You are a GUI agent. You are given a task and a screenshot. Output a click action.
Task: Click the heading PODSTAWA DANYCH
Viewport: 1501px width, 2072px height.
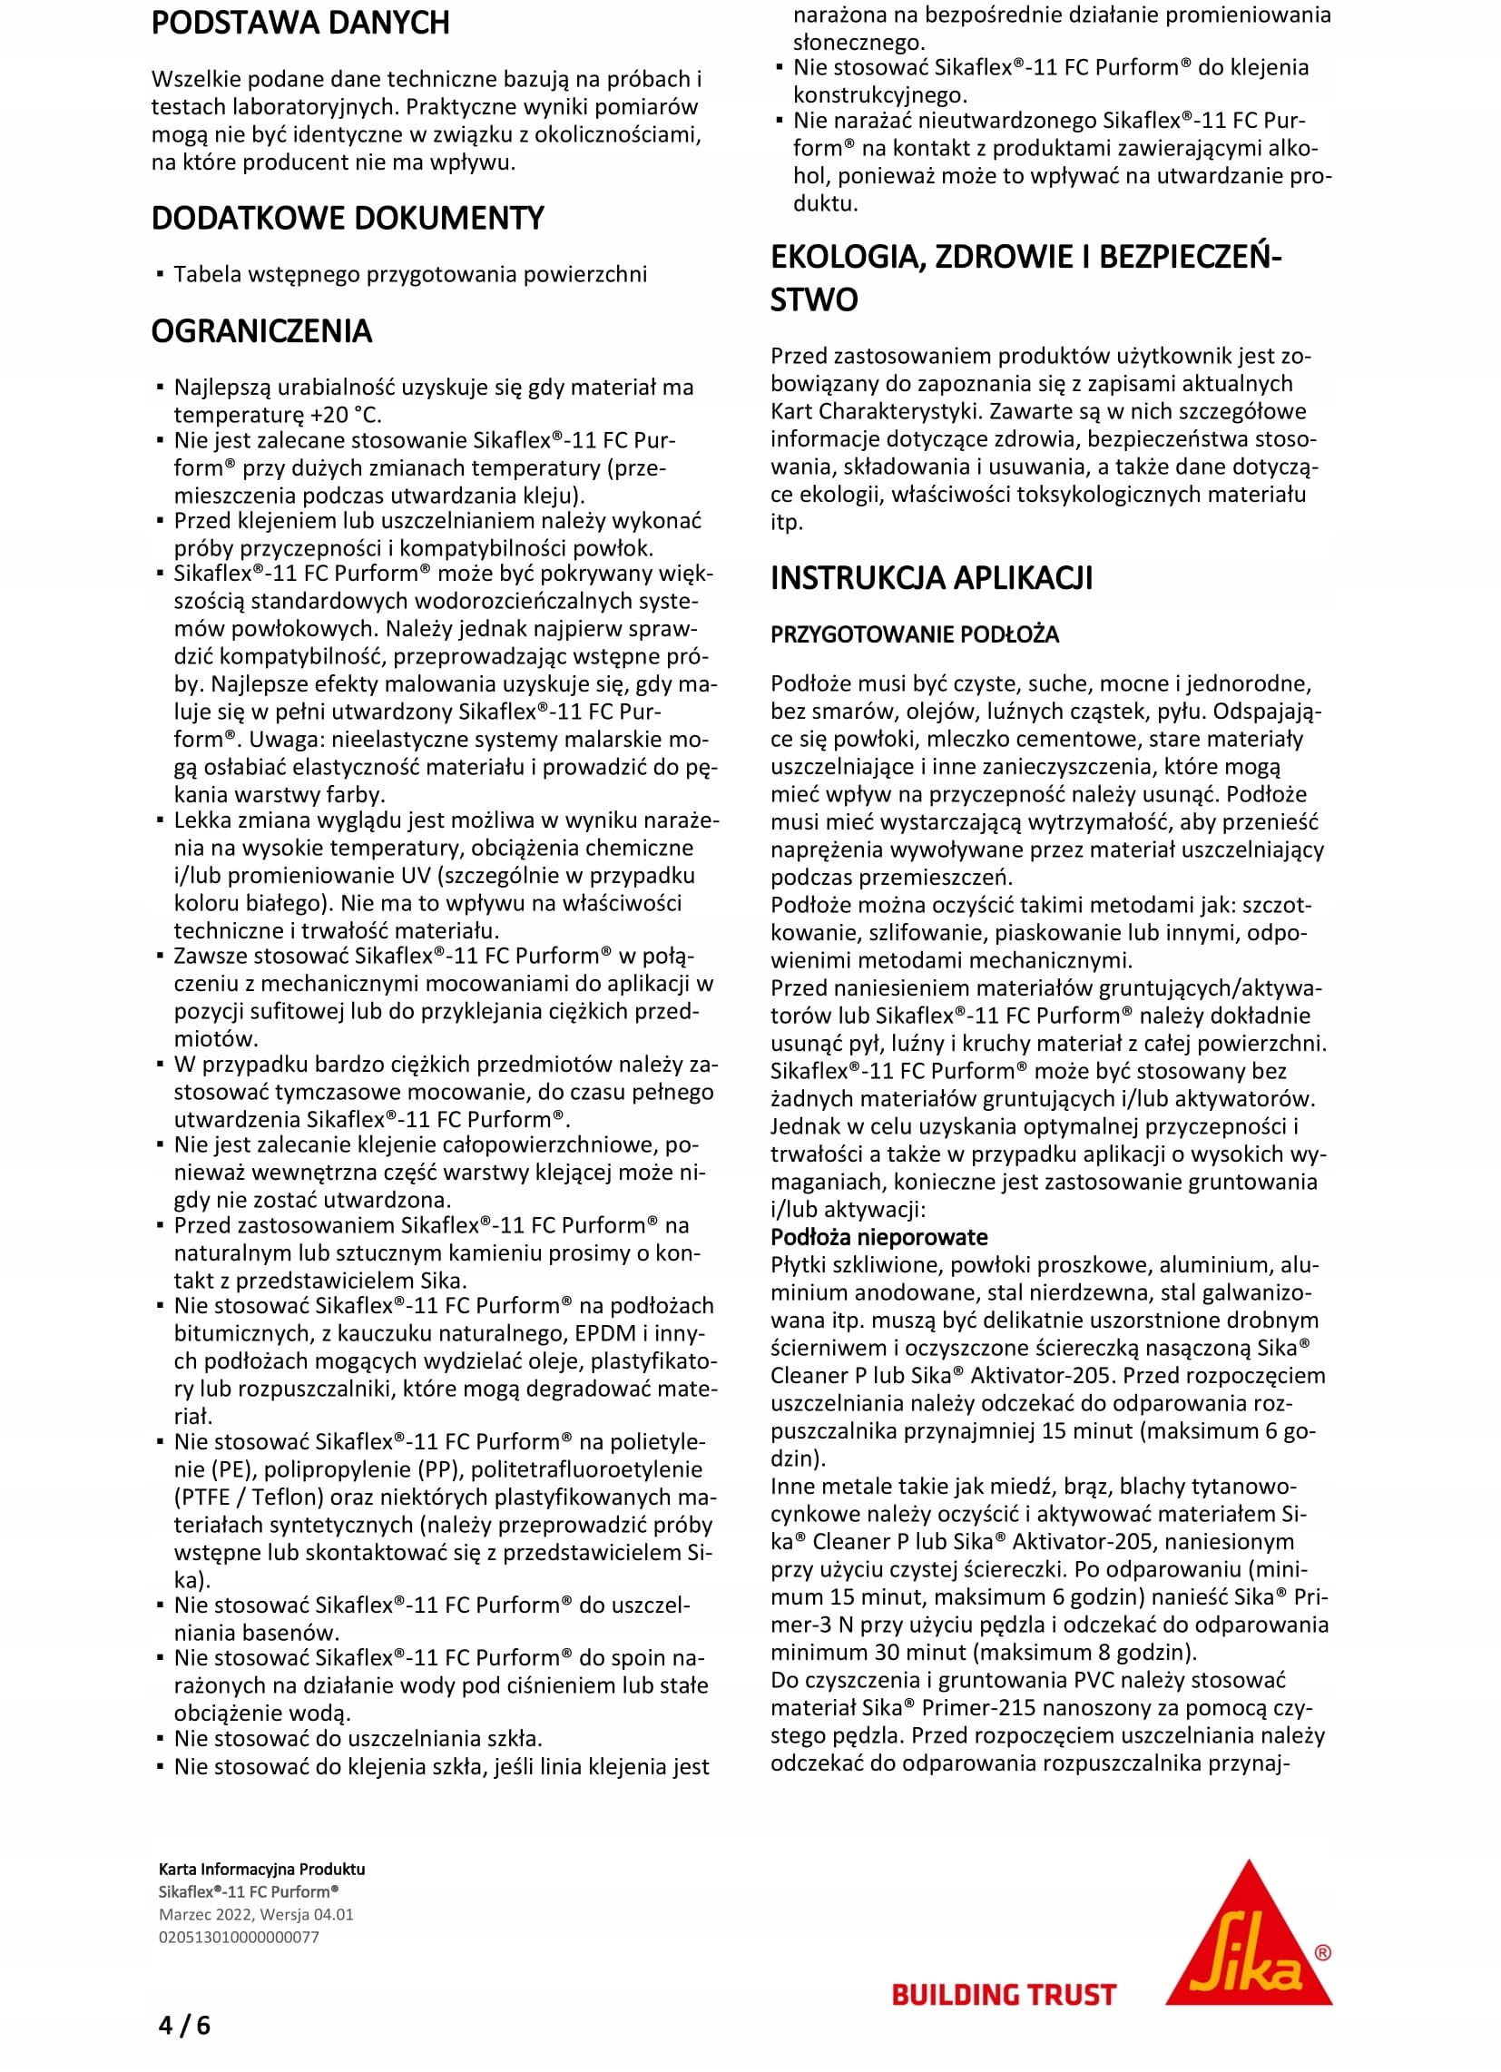[299, 23]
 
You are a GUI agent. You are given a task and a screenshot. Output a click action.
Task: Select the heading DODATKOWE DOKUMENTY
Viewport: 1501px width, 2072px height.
[348, 219]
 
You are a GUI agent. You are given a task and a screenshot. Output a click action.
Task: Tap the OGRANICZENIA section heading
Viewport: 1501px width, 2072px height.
[261, 330]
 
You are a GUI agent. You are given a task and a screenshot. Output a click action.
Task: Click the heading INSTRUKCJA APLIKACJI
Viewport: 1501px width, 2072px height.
[931, 578]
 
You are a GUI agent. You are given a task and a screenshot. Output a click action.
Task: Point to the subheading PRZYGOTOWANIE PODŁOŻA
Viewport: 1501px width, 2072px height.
[915, 634]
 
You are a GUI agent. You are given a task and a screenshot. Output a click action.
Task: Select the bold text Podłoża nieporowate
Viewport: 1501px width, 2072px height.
[878, 1237]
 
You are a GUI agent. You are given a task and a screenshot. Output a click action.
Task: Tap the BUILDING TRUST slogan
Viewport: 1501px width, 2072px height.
[1004, 1994]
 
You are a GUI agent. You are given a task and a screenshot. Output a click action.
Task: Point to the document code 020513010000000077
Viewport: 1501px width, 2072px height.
[239, 1937]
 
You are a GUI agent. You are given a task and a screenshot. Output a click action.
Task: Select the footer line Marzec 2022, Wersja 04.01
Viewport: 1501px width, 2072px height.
[256, 1914]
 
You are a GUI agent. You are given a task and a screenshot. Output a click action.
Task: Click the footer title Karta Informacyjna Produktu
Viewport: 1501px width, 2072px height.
[261, 1870]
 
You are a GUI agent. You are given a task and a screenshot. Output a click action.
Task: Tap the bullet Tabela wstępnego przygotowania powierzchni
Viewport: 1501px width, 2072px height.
[410, 274]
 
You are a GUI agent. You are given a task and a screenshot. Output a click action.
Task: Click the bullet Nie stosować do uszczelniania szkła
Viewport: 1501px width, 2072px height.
[358, 1739]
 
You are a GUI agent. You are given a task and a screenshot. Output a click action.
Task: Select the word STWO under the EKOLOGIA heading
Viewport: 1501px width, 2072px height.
[814, 300]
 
